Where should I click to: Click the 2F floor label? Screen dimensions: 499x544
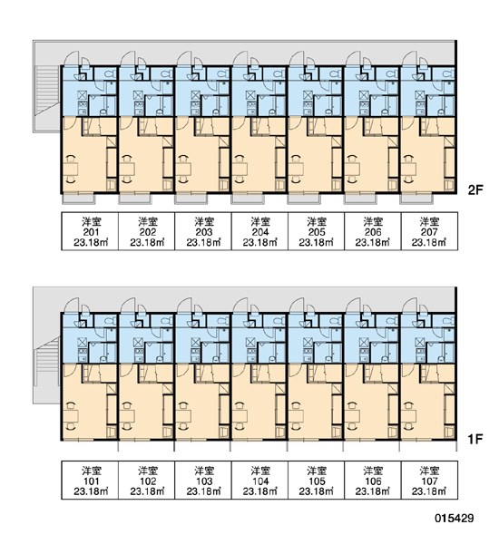coord(475,189)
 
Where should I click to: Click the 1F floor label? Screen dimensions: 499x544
coord(475,439)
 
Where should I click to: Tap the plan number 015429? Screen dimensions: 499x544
coord(455,519)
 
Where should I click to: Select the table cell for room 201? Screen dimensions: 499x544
coord(90,231)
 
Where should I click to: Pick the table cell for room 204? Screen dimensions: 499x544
coord(259,231)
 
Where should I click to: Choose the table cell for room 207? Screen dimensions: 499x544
coord(429,231)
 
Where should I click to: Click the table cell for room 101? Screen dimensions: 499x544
coord(90,481)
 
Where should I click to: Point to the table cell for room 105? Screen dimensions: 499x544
coord(316,481)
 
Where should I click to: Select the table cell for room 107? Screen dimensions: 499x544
coord(429,481)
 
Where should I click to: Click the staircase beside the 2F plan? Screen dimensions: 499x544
coord(47,90)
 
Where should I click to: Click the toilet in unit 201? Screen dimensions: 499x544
coord(111,73)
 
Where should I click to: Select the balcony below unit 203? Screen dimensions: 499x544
coord(191,199)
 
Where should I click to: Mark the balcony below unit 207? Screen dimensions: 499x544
coord(416,199)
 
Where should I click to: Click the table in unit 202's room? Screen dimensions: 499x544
coord(127,169)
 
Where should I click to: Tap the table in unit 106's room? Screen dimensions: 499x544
coord(353,416)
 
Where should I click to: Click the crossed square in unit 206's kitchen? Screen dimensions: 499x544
coord(364,95)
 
